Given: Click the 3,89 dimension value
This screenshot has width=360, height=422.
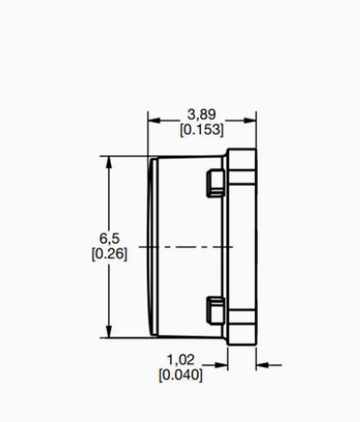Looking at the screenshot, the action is click(202, 115).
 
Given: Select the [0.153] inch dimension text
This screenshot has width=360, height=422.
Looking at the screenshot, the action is click(202, 130).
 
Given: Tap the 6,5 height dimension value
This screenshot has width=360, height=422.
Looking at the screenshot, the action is click(110, 238).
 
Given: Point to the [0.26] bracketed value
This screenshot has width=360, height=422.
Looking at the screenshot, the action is click(110, 254).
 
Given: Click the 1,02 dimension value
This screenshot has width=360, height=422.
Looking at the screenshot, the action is click(181, 359).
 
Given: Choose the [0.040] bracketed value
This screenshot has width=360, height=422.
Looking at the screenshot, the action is click(181, 375).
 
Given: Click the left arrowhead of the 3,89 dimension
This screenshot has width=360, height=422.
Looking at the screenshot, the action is click(154, 120).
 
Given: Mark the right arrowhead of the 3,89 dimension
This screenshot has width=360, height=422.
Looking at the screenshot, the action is click(250, 120).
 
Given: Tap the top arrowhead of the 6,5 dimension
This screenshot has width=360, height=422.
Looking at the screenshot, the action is click(109, 162).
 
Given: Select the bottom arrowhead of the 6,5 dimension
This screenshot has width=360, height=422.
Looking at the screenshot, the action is click(109, 331).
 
